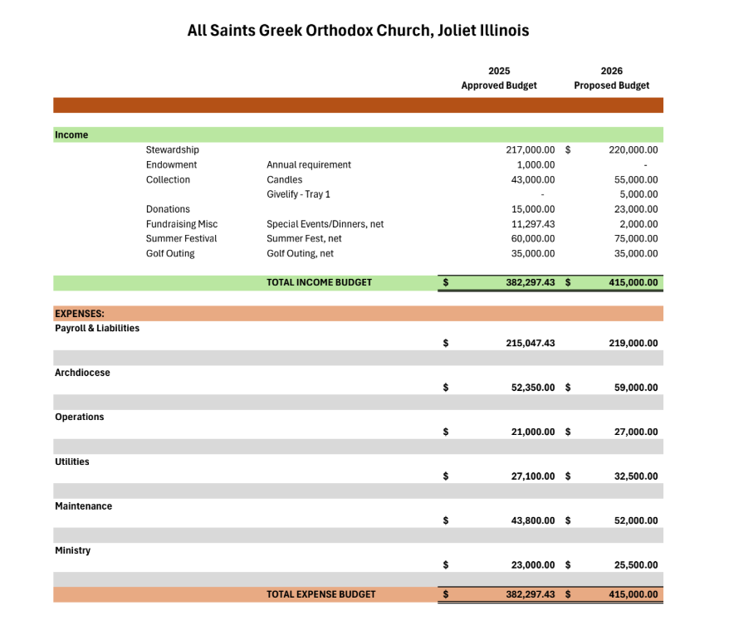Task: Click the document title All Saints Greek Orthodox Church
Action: point(358,31)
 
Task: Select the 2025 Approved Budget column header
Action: point(499,78)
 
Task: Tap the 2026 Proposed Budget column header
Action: point(612,78)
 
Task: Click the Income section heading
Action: point(71,134)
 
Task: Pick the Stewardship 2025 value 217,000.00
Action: point(530,150)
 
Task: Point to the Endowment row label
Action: point(171,165)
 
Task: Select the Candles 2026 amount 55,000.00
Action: point(636,180)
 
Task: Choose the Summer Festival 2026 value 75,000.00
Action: point(636,239)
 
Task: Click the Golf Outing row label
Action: point(170,254)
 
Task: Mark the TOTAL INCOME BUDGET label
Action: point(319,282)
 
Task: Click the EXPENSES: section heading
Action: point(80,314)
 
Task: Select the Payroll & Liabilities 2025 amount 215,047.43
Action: point(530,343)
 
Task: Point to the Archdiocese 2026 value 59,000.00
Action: point(636,388)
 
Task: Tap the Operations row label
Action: point(80,417)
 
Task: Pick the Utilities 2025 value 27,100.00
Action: point(533,476)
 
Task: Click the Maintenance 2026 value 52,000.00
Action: point(636,520)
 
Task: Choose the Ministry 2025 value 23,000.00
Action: point(533,565)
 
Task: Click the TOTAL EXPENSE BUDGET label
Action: point(320,594)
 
